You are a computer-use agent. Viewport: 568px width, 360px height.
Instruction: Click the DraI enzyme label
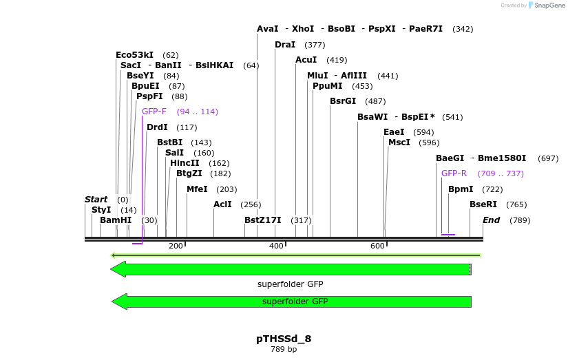(x=285, y=45)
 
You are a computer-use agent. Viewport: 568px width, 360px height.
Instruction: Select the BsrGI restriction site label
(x=343, y=101)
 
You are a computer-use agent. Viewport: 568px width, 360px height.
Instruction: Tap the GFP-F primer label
(x=154, y=112)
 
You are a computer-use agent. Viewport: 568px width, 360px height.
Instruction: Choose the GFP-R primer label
(x=454, y=173)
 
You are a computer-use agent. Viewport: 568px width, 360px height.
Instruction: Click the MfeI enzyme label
(x=197, y=189)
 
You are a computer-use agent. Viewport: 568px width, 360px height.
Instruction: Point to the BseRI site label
(x=483, y=204)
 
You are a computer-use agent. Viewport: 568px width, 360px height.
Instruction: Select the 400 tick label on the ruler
(x=276, y=246)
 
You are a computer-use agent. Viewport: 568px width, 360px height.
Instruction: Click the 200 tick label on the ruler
(x=175, y=246)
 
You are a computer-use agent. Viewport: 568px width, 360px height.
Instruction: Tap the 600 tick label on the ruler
(x=377, y=246)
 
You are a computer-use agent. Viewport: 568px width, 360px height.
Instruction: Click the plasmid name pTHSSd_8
(x=284, y=339)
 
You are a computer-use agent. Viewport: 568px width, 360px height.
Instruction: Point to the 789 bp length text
(x=284, y=350)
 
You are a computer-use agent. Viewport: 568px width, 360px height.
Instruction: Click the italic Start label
(x=96, y=200)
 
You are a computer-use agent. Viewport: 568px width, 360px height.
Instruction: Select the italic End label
(x=492, y=220)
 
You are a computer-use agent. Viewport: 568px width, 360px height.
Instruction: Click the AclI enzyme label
(x=222, y=204)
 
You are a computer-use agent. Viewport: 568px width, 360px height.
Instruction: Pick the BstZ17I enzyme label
(x=263, y=220)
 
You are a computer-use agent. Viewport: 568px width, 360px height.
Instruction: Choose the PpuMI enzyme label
(x=328, y=86)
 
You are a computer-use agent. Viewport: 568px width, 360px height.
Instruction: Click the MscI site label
(x=399, y=142)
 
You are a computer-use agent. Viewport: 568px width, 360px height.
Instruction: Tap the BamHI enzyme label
(x=116, y=220)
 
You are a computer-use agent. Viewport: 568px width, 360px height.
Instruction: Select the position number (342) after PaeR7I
(x=463, y=29)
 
